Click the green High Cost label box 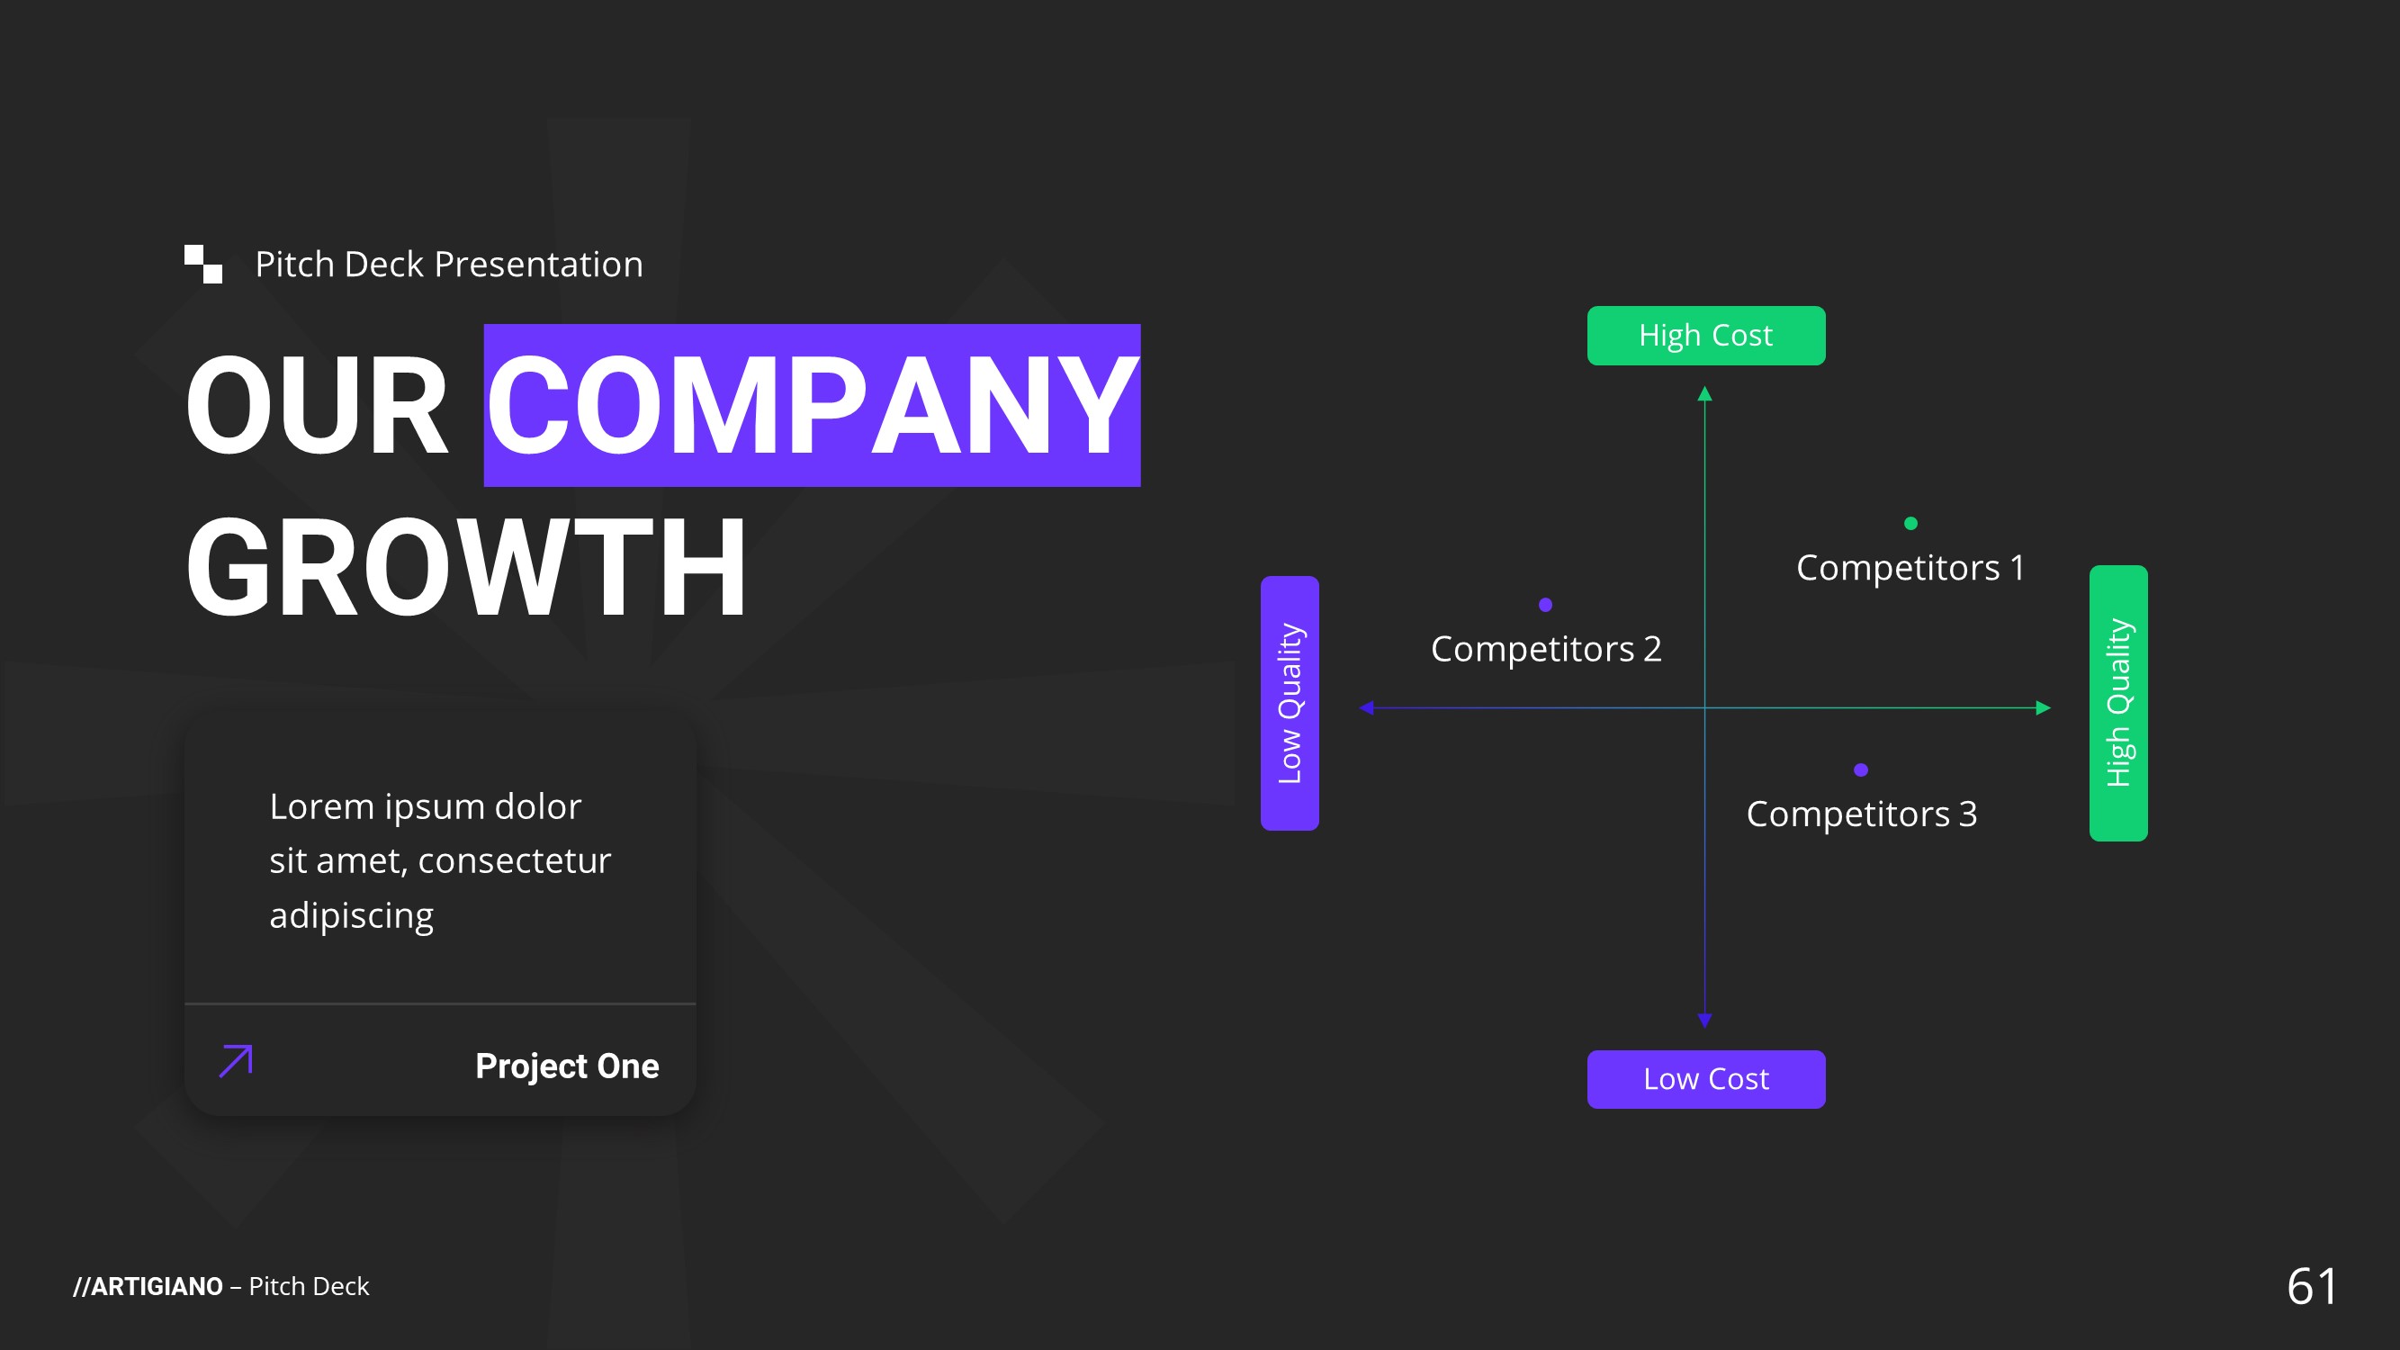pyautogui.click(x=1706, y=336)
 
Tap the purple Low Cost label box pyautogui.click(x=1706, y=1079)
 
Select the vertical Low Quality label pyautogui.click(x=1290, y=704)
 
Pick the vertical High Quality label pyautogui.click(x=2117, y=704)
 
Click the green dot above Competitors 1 pyautogui.click(x=1910, y=524)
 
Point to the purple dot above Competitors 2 pyautogui.click(x=1546, y=605)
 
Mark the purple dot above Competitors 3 pyautogui.click(x=1861, y=769)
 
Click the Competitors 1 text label pyautogui.click(x=1910, y=567)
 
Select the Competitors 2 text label pyautogui.click(x=1546, y=648)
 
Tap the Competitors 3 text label pyautogui.click(x=1861, y=814)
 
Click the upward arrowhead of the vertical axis pyautogui.click(x=1705, y=394)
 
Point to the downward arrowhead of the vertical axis pyautogui.click(x=1705, y=1021)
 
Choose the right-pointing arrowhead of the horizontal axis pyautogui.click(x=2043, y=708)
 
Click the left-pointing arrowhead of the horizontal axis pyautogui.click(x=1367, y=708)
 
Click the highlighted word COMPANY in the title pyautogui.click(x=812, y=406)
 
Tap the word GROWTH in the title pyautogui.click(x=466, y=567)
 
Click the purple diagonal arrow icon pyautogui.click(x=236, y=1061)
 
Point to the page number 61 pyautogui.click(x=2312, y=1287)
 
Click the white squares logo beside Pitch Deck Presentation pyautogui.click(x=203, y=264)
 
